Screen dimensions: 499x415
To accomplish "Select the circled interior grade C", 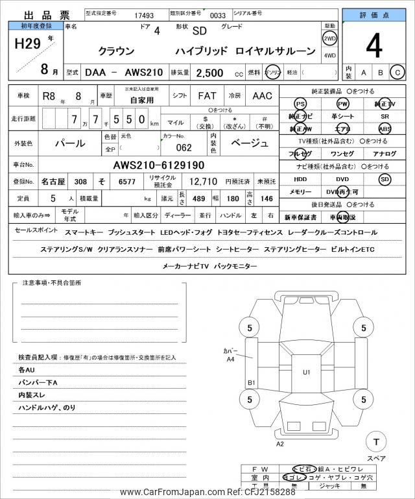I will [x=397, y=73].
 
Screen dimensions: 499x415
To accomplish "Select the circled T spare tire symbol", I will [x=376, y=442].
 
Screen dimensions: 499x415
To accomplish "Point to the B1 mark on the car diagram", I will [x=252, y=383].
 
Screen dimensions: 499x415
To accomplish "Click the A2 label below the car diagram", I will [x=280, y=444].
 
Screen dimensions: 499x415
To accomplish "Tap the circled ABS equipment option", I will [x=385, y=128].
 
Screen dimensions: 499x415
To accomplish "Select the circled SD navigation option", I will [x=385, y=178].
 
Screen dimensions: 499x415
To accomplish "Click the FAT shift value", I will [x=207, y=96].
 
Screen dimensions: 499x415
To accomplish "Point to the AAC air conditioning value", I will [x=262, y=96].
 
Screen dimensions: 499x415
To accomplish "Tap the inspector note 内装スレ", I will [x=33, y=395].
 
